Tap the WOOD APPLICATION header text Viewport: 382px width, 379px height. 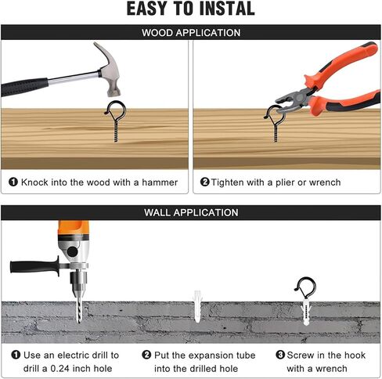[x=191, y=33]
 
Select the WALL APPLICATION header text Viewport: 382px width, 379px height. [x=191, y=212]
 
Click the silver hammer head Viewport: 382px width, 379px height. [x=110, y=70]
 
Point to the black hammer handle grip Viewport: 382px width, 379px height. [x=24, y=87]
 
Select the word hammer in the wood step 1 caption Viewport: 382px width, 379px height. [x=160, y=182]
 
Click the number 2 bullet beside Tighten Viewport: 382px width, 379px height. [x=205, y=182]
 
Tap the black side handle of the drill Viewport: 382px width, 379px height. [x=34, y=267]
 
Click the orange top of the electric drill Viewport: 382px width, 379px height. [x=74, y=229]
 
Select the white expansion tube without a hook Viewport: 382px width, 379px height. [x=197, y=306]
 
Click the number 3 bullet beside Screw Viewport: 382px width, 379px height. [x=280, y=355]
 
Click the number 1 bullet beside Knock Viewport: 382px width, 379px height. [x=13, y=182]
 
